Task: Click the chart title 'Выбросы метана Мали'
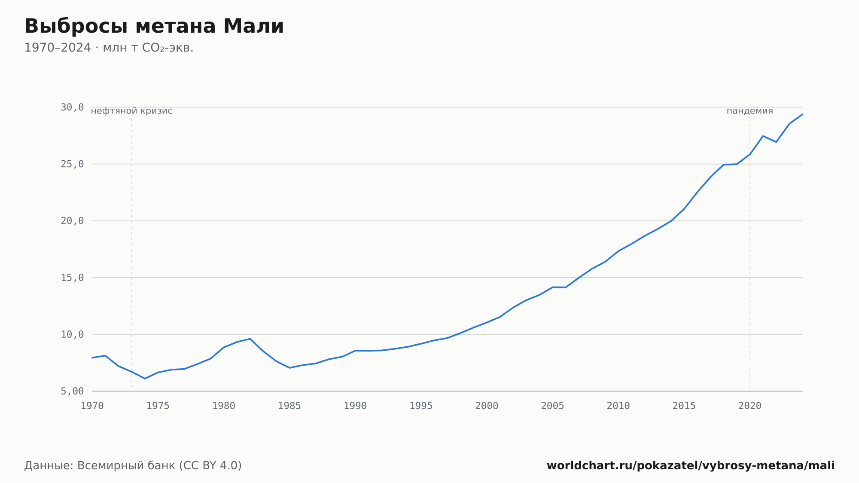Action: (x=154, y=26)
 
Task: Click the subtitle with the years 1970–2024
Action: (x=109, y=48)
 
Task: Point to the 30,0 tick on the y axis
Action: (x=72, y=107)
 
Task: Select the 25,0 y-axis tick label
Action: (x=72, y=164)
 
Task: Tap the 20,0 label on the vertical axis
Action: (x=72, y=221)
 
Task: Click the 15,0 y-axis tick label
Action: (x=72, y=278)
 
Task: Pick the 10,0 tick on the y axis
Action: (x=72, y=334)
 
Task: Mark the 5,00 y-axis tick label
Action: (x=72, y=391)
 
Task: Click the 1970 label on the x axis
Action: (x=92, y=406)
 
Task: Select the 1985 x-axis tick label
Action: (x=289, y=406)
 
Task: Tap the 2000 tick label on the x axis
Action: (x=487, y=406)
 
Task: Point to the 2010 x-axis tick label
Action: (x=618, y=406)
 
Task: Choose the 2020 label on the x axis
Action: (x=750, y=406)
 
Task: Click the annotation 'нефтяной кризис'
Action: (x=131, y=111)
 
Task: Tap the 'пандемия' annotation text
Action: (x=750, y=111)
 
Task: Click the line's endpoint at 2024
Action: (x=802, y=114)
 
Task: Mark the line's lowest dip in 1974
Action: (x=145, y=379)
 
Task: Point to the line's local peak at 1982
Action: (x=250, y=339)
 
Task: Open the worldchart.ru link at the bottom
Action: (x=691, y=465)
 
